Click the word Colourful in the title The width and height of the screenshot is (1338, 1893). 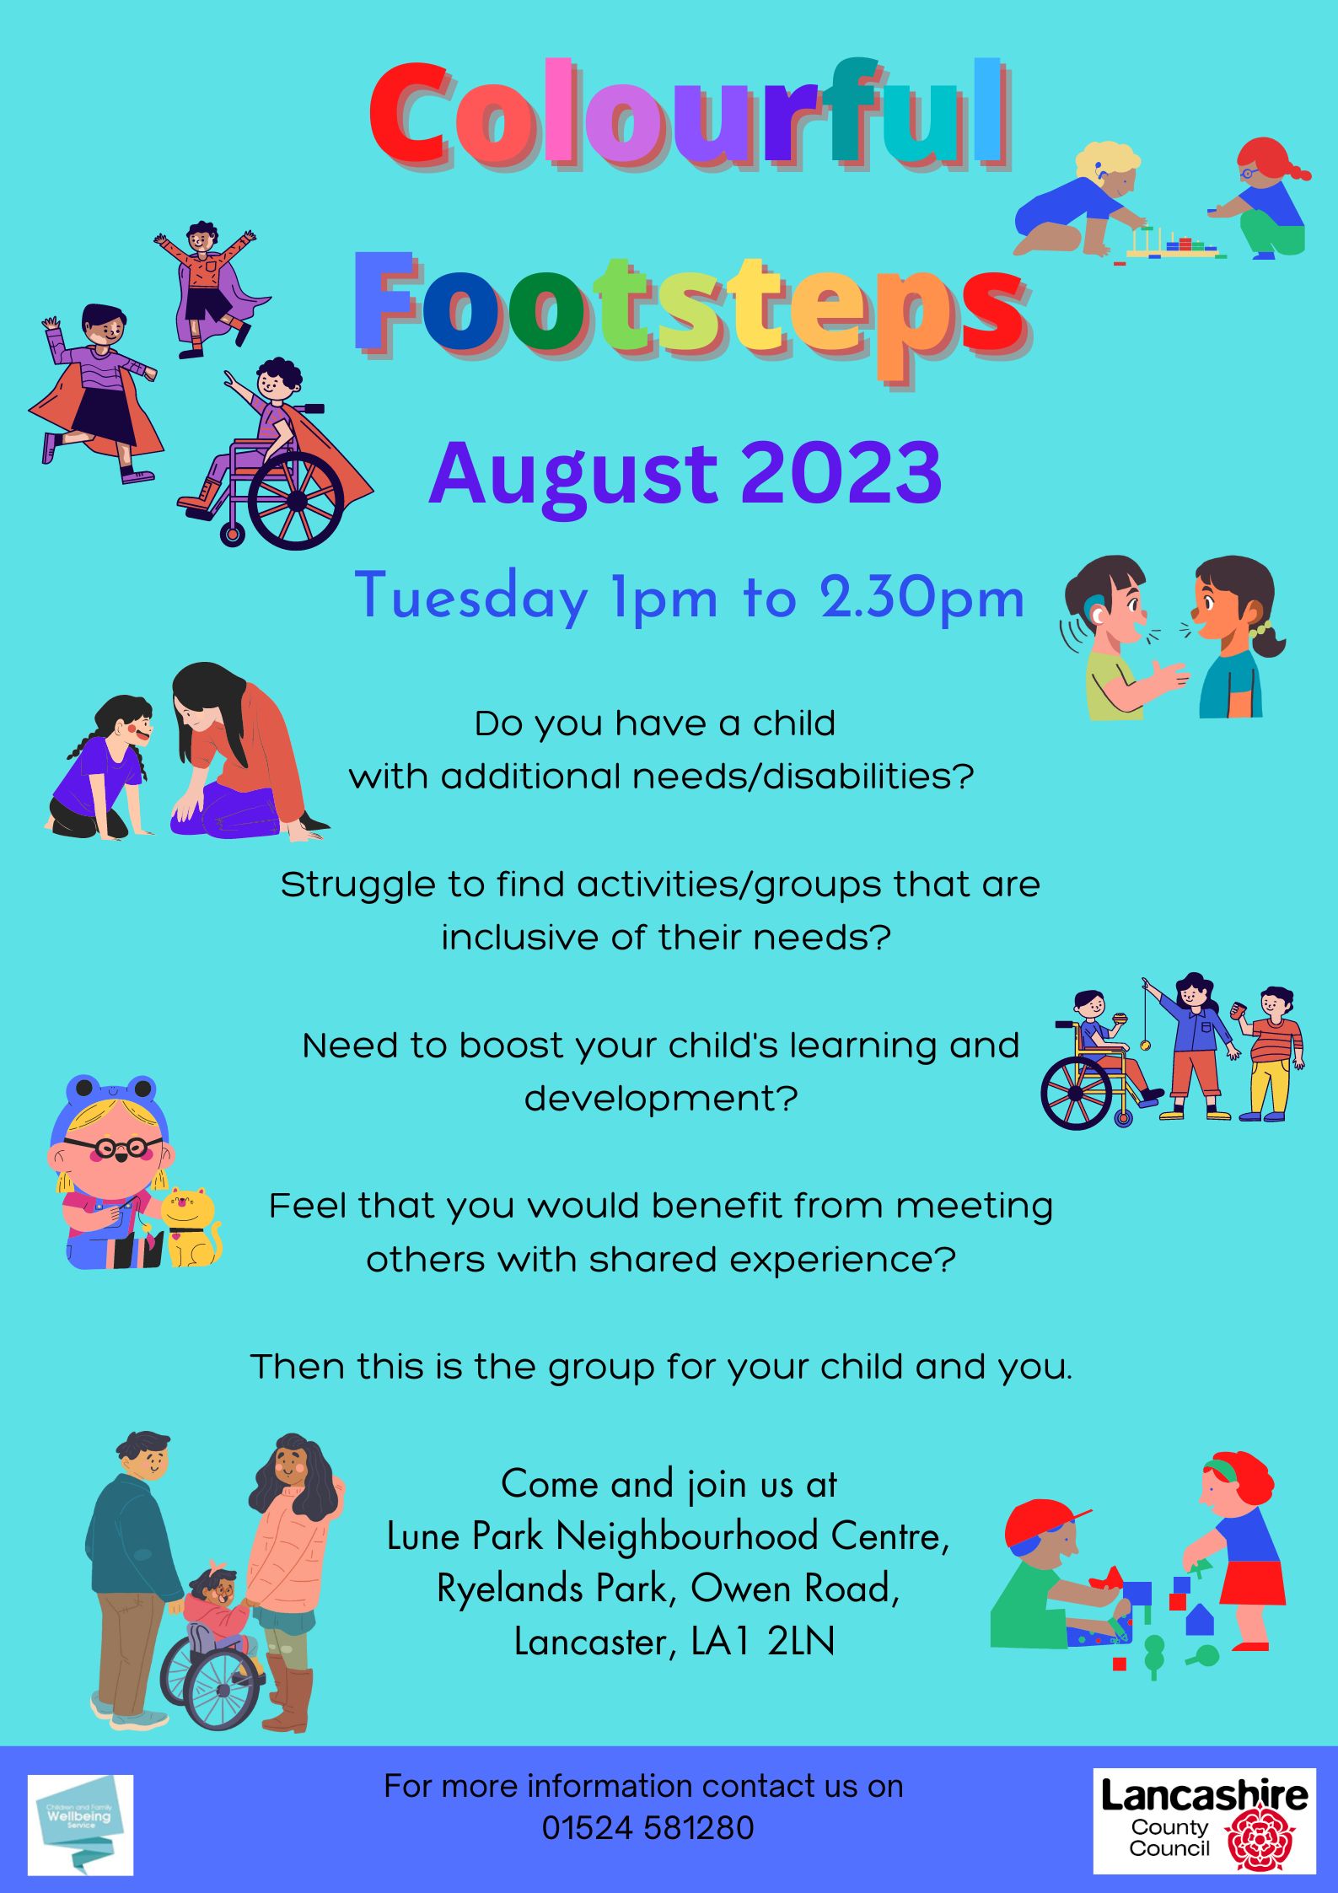click(690, 114)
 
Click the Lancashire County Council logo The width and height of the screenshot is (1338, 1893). click(1204, 1821)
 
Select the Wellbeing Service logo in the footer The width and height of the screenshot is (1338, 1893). click(80, 1824)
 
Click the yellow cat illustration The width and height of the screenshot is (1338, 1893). click(191, 1227)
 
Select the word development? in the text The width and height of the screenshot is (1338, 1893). click(661, 1098)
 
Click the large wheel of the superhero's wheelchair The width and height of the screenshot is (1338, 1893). click(296, 501)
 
